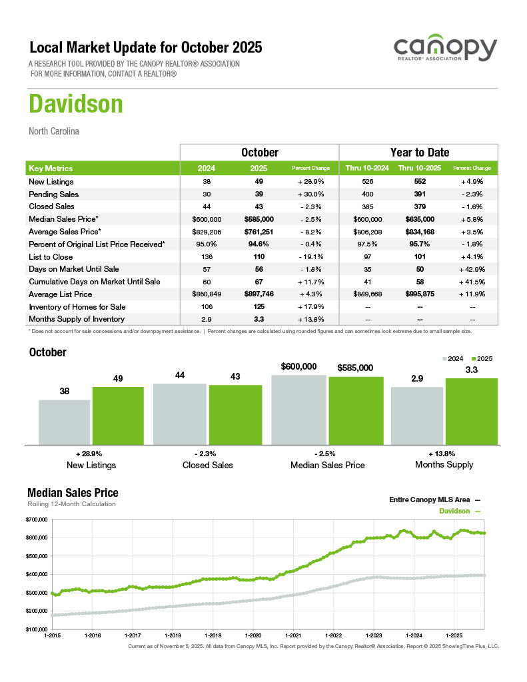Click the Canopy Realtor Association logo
(445, 50)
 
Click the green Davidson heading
(76, 105)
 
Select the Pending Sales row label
(53, 194)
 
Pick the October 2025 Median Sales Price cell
(259, 219)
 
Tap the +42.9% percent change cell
(472, 269)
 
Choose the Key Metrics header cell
(51, 169)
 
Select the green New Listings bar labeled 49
(118, 415)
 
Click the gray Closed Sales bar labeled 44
(179, 414)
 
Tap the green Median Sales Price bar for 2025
(356, 410)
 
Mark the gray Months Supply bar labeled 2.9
(416, 416)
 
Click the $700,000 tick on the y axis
(37, 519)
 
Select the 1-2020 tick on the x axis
(253, 635)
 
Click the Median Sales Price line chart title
(73, 493)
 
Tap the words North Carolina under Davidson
(54, 131)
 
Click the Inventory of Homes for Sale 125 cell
(259, 307)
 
